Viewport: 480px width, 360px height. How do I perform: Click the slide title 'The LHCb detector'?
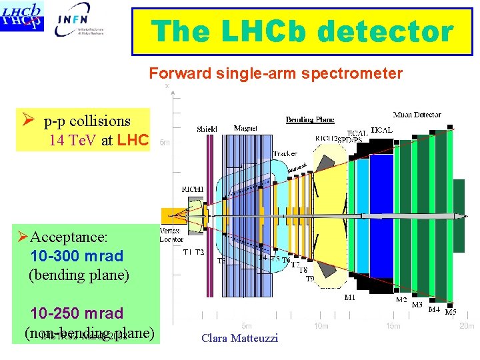tap(302, 31)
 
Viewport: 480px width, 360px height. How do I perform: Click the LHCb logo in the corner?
tap(23, 16)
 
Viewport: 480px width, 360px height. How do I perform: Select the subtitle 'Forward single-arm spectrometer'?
tap(275, 73)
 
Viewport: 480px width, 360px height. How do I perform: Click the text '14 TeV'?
tap(73, 141)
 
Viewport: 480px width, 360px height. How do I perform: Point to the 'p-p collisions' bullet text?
tap(87, 121)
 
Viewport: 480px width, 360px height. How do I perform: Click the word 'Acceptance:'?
tap(64, 237)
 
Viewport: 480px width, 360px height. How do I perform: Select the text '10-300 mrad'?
tap(77, 256)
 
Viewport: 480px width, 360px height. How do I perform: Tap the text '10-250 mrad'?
tap(77, 313)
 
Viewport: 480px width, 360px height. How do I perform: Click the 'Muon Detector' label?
tap(417, 115)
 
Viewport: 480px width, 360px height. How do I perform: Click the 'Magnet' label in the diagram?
tap(246, 128)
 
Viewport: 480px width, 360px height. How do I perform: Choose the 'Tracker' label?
tap(285, 153)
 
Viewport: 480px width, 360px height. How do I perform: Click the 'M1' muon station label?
tap(349, 297)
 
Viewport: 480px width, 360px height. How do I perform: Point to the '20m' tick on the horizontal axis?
tap(467, 326)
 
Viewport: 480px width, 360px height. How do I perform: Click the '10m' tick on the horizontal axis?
tap(322, 326)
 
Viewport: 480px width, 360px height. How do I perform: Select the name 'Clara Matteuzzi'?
tap(239, 338)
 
